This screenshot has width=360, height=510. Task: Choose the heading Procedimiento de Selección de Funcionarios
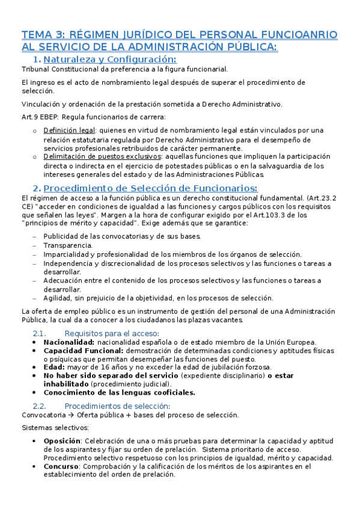pos(150,188)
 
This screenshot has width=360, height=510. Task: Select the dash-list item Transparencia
pos(68,245)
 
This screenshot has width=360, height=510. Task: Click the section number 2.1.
pos(40,333)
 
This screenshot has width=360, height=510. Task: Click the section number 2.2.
pos(40,405)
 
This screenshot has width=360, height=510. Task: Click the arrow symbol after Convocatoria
pos(70,415)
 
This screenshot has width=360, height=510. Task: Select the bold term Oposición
pos(63,441)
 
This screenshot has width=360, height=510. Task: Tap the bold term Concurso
pos(61,466)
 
